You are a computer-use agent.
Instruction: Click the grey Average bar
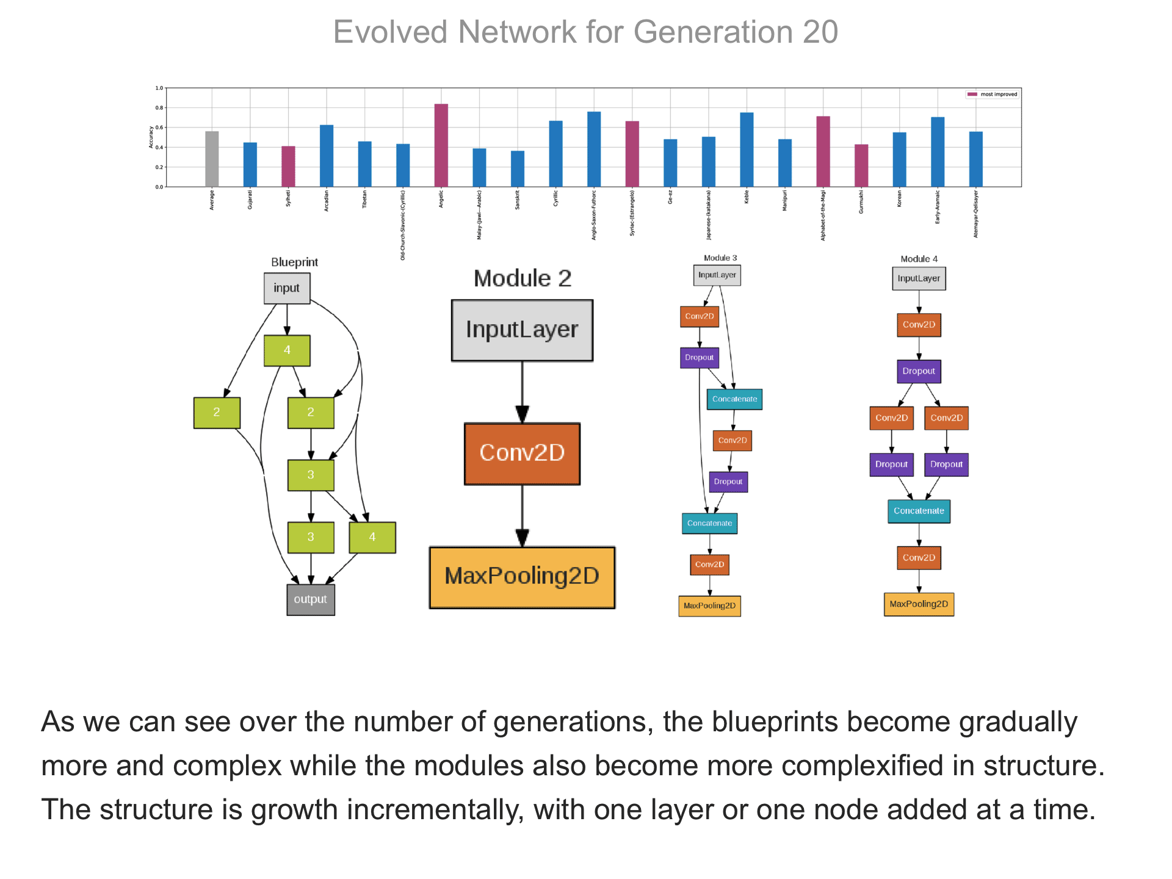212,159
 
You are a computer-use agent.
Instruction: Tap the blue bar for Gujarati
250,165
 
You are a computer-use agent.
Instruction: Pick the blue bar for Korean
899,159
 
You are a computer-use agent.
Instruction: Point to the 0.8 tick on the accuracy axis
159,108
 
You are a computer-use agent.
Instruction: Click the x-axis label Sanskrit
518,200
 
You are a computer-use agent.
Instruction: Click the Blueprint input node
287,288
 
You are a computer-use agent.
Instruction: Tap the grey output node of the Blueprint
311,599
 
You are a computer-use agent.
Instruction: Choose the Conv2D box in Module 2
522,454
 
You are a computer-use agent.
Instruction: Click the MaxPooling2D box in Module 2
522,577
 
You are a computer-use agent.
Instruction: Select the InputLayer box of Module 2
522,330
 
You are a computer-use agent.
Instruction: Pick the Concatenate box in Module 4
919,511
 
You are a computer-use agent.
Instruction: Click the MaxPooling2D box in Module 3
709,606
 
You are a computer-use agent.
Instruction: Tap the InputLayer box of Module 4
919,278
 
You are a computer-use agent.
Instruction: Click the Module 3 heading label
720,258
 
